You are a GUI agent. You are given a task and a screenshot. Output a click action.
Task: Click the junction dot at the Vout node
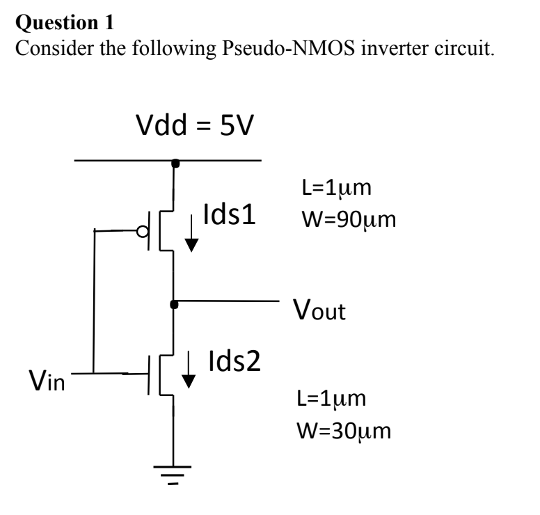point(173,303)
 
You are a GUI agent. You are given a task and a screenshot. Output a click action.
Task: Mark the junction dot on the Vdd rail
point(173,162)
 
